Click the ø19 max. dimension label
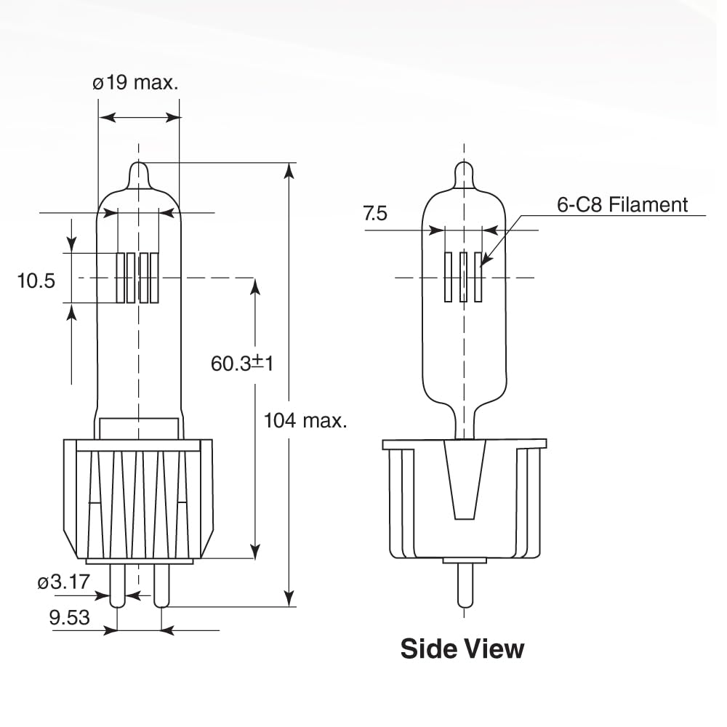click(x=135, y=82)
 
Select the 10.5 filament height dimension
click(x=36, y=281)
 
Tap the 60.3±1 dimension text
click(x=242, y=363)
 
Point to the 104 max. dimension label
click(x=305, y=420)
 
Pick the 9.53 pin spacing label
click(x=69, y=617)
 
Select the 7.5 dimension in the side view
click(x=376, y=213)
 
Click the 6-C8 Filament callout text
click(x=622, y=204)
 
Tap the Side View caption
click(x=462, y=648)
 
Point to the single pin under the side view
click(x=464, y=585)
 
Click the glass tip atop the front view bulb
click(x=139, y=174)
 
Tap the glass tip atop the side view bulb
click(x=464, y=174)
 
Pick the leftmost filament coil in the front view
click(x=121, y=278)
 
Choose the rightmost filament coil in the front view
click(x=154, y=278)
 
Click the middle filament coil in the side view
click(x=463, y=277)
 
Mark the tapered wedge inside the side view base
click(x=464, y=480)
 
